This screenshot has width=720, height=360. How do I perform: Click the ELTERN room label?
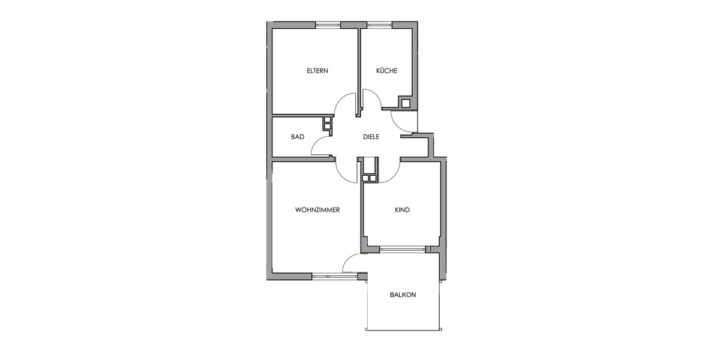coord(317,71)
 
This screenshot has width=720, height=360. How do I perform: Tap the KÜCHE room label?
coord(386,71)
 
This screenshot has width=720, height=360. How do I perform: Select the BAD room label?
coord(298,137)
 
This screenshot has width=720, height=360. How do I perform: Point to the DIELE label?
coord(371,137)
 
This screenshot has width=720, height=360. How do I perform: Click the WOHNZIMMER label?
coord(318,210)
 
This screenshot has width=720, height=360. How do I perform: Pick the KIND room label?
coord(402,210)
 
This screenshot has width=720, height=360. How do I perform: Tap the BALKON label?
coord(403,295)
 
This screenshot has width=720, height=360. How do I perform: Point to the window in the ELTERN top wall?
coord(328,25)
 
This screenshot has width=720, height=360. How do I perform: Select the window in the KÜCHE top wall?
coord(379,25)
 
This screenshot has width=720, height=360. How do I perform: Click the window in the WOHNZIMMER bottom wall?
coord(334,276)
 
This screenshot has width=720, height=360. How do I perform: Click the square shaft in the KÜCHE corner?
coord(406,103)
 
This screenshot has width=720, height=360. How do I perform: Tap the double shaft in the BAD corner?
coord(328,122)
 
